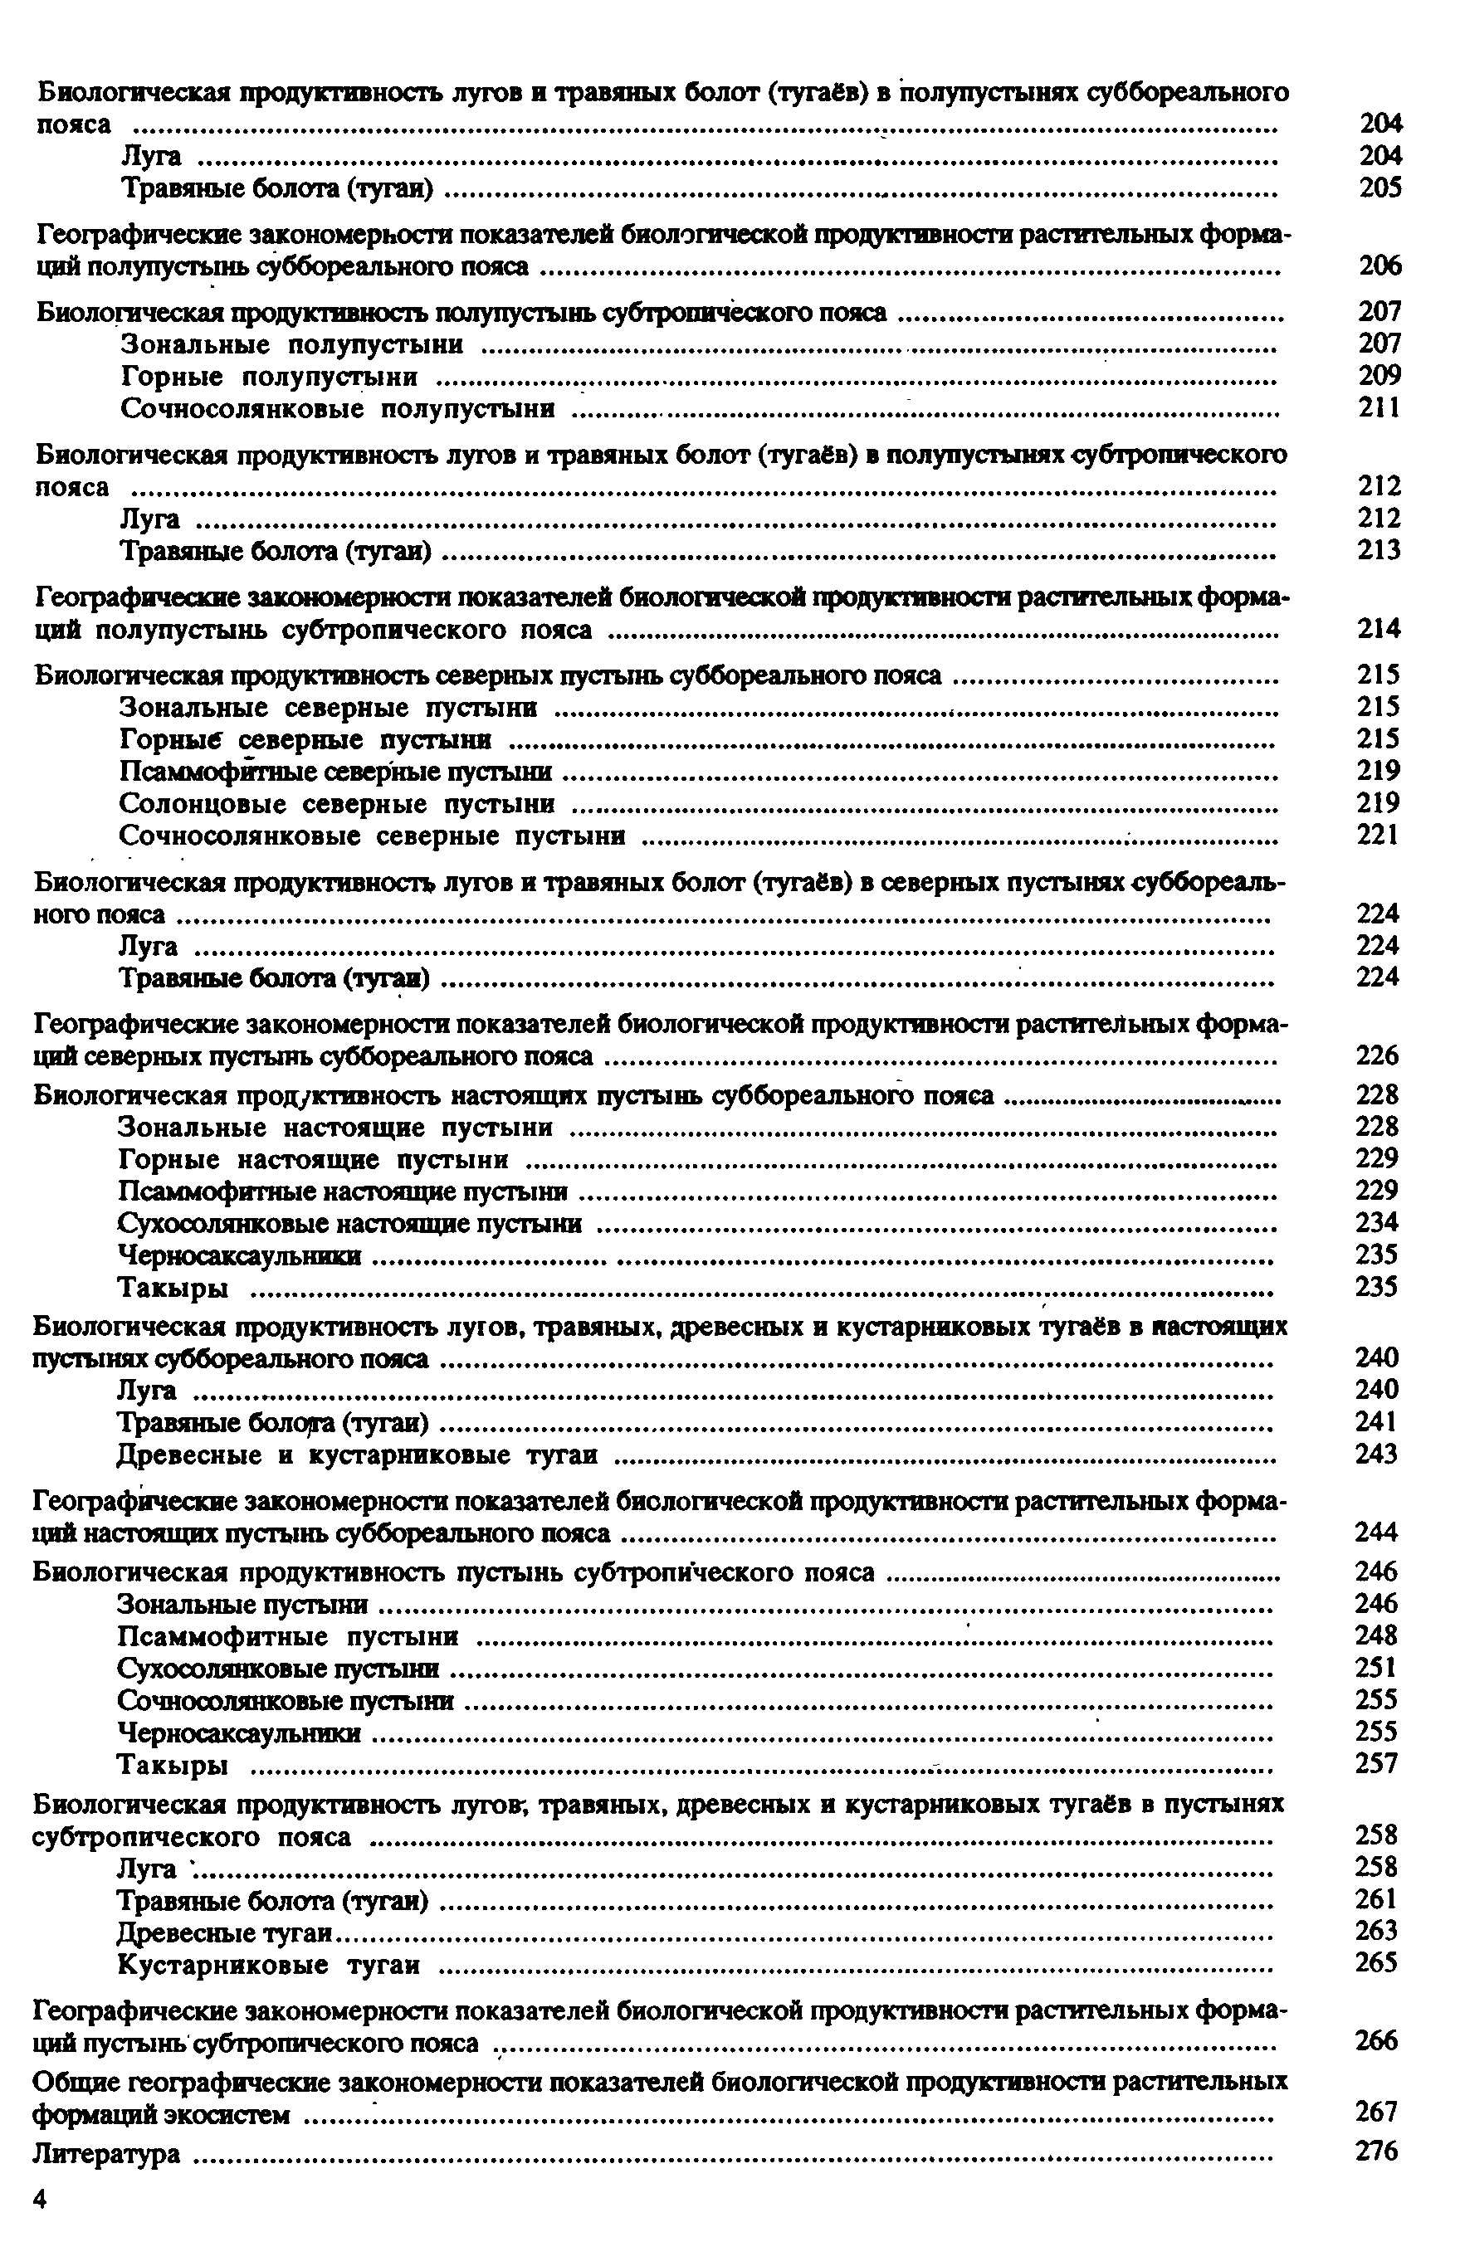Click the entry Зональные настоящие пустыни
tap(335, 1127)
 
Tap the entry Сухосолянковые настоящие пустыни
tap(349, 1224)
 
